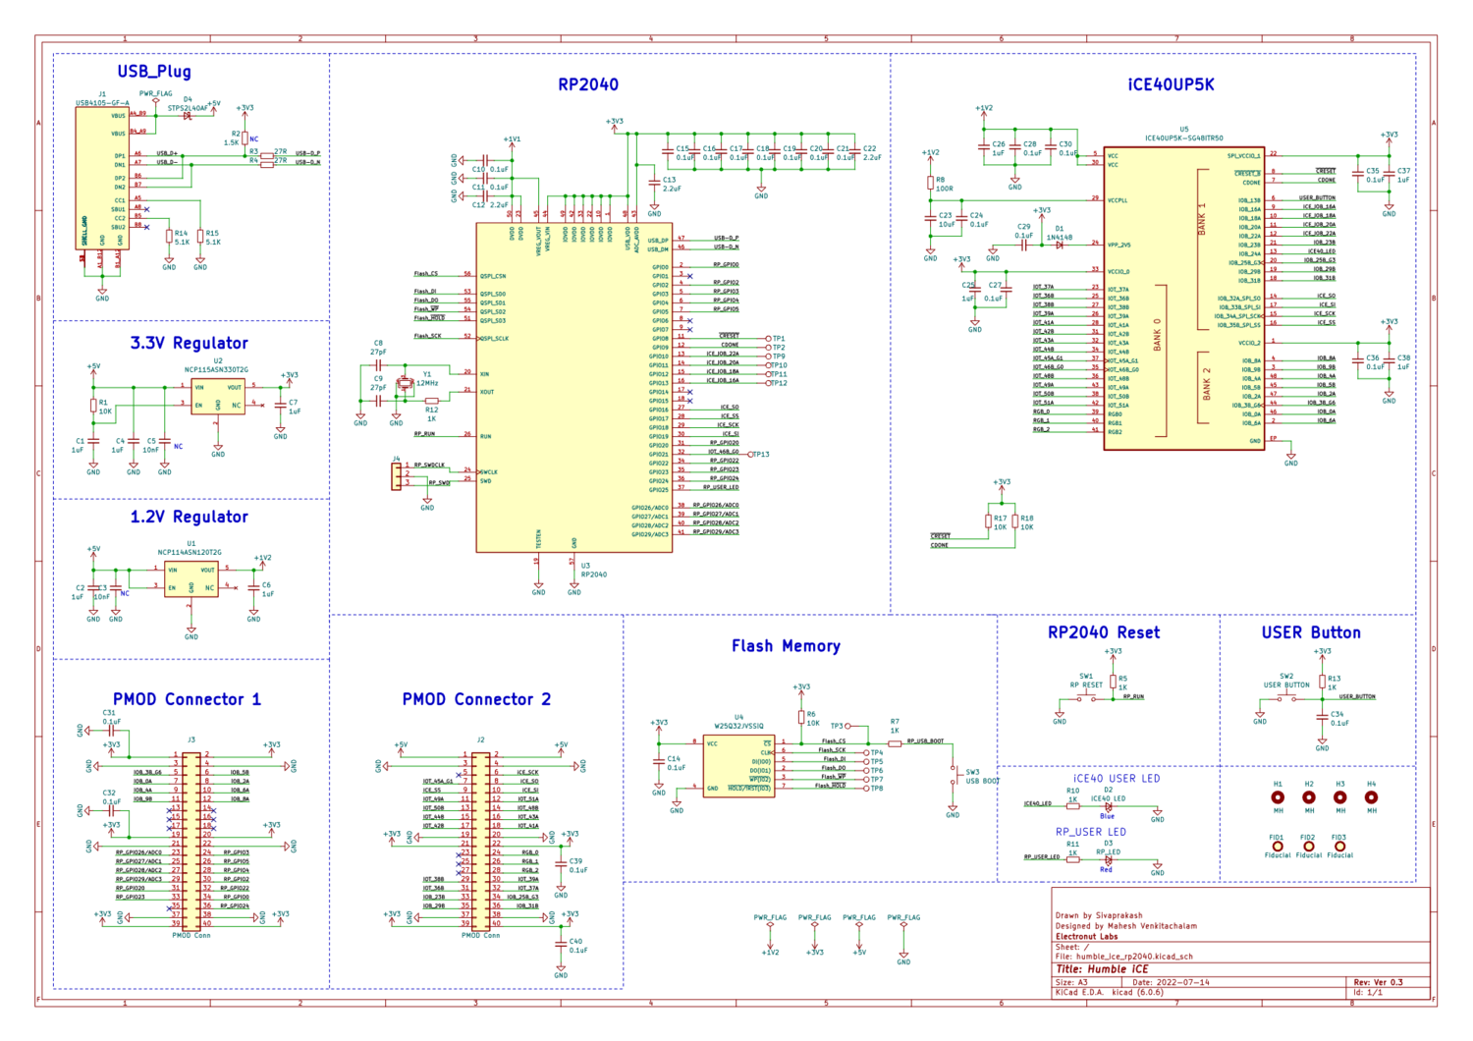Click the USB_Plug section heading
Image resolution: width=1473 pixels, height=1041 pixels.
pos(154,72)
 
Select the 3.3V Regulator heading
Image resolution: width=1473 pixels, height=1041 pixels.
pos(189,344)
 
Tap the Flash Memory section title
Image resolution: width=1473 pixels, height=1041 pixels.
pos(786,646)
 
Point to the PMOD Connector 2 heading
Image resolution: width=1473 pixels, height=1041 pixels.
pos(476,699)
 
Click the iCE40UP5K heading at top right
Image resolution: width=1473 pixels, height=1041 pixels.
pos(1171,85)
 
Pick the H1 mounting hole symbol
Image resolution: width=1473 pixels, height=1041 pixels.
pos(1278,797)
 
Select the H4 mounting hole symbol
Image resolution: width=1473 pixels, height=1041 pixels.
pos(1371,797)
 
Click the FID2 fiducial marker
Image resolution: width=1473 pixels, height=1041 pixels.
pos(1308,846)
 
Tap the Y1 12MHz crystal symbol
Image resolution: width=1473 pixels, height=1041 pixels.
pos(404,384)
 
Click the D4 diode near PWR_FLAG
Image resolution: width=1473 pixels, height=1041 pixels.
pos(188,116)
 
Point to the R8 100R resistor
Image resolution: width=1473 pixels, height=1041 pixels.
pos(930,183)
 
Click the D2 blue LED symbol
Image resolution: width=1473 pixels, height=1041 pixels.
pos(1108,807)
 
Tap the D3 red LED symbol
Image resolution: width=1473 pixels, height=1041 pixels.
pos(1108,860)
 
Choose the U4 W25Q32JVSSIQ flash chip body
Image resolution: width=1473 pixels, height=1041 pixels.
pos(738,766)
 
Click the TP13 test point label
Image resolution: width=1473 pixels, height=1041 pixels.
pos(760,455)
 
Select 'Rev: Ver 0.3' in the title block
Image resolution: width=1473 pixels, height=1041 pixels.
pos(1378,982)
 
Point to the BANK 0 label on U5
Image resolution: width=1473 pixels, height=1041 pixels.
pos(1157,334)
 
